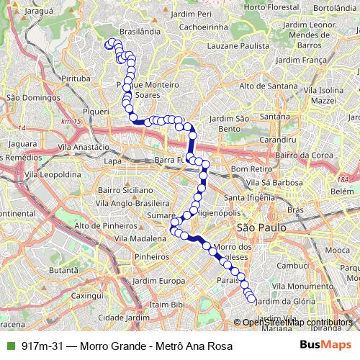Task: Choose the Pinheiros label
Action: [150, 255]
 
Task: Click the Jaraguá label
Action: [39, 12]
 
